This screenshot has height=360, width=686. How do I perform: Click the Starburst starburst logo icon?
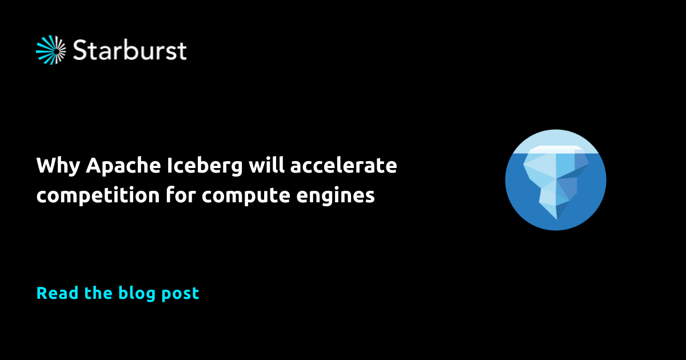coord(51,50)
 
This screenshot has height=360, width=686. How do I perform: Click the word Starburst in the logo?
coord(130,50)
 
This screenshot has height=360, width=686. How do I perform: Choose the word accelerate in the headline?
coord(344,166)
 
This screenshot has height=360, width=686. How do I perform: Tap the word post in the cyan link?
coord(180,294)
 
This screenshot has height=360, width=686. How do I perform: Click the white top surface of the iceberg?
coord(555,149)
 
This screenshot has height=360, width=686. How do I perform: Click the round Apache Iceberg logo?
coord(555,180)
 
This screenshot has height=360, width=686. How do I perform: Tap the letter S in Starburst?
coord(81,50)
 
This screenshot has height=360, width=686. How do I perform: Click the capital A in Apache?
coord(94,166)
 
